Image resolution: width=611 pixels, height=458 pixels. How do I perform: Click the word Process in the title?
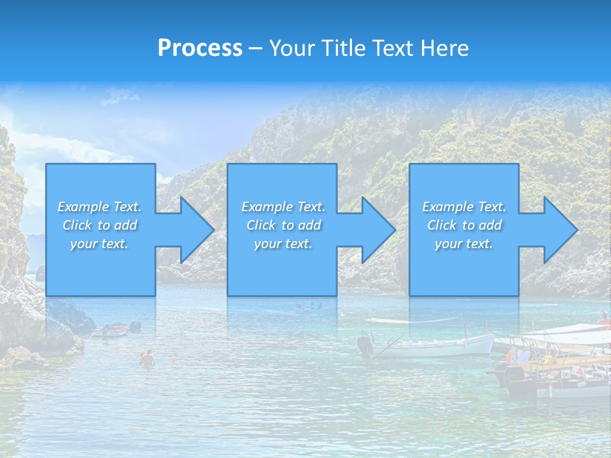200,48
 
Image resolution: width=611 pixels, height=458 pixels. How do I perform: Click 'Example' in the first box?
83,207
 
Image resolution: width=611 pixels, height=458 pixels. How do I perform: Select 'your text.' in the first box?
99,244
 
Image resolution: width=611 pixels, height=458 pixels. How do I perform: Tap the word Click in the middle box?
261,225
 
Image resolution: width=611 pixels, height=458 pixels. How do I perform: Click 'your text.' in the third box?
464,244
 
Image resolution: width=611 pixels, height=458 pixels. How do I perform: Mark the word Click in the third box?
442,225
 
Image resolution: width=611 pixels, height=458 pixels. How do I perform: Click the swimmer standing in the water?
148,359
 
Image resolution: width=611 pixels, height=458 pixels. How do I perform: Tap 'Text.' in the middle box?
307,207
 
